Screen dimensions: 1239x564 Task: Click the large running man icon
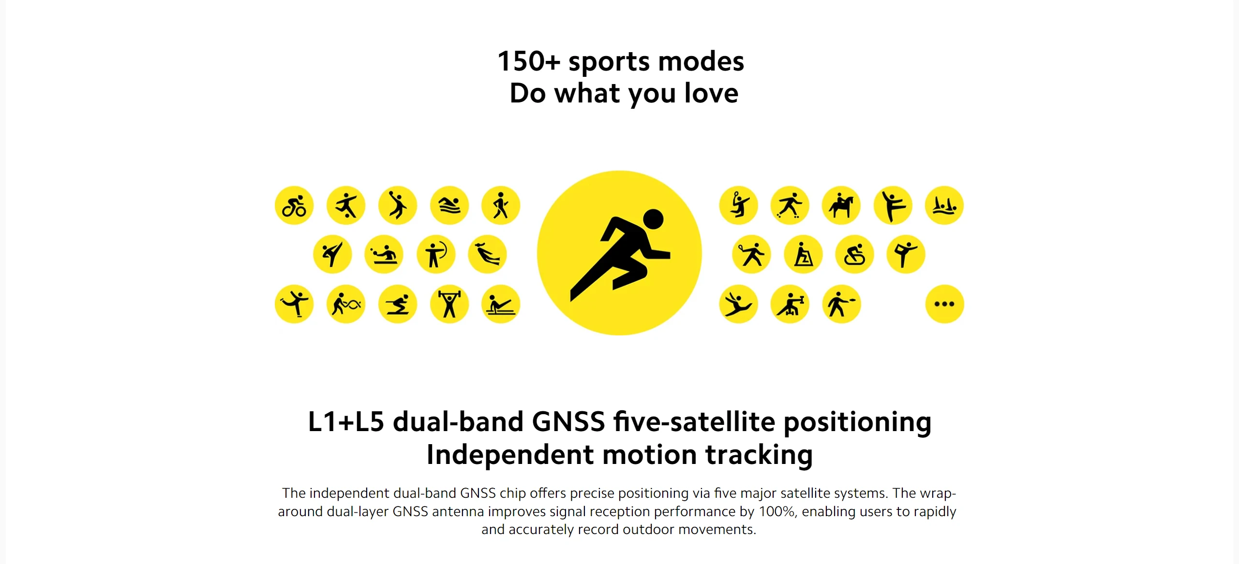(619, 253)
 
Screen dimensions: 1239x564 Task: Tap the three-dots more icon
(944, 304)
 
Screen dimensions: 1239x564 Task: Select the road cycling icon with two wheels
(294, 205)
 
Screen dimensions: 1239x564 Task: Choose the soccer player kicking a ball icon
(346, 205)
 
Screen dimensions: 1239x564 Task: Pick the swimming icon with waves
(449, 205)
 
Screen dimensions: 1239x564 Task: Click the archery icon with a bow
(436, 254)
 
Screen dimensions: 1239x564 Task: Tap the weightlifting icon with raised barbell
(449, 304)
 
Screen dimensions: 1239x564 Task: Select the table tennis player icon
(384, 254)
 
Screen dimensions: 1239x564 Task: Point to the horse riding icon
(841, 205)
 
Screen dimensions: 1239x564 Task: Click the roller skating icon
(790, 205)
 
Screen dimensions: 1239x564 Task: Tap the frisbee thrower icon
(841, 304)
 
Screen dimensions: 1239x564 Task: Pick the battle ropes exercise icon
(346, 304)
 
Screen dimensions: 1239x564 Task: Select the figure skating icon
(294, 304)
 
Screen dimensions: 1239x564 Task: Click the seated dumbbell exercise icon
(790, 304)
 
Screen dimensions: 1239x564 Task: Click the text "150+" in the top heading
(529, 61)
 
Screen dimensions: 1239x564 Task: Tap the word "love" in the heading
(711, 93)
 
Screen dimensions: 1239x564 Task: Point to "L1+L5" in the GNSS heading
(346, 421)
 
